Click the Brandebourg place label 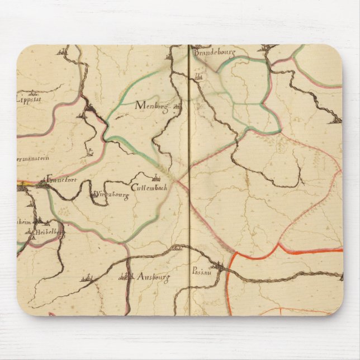click(x=215, y=53)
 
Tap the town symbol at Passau click(x=224, y=269)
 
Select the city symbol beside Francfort click(x=43, y=180)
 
